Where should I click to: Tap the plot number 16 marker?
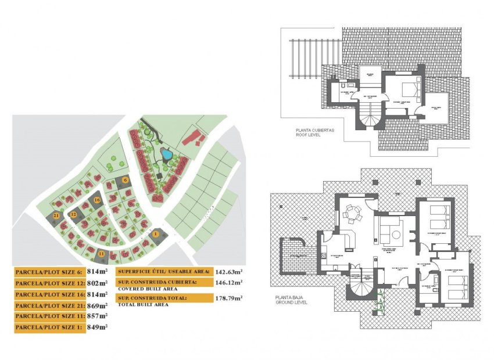pyautogui.click(x=97, y=200)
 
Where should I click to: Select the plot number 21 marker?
pyautogui.click(x=56, y=215)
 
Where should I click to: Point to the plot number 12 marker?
pyautogui.click(x=74, y=214)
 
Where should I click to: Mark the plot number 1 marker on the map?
pyautogui.click(x=155, y=233)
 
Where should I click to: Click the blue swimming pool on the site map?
pyautogui.click(x=166, y=154)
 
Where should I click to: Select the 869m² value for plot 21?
pyautogui.click(x=97, y=305)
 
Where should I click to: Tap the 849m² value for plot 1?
pyautogui.click(x=97, y=327)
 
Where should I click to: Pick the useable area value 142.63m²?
pyautogui.click(x=229, y=271)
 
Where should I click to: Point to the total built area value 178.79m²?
pyautogui.click(x=229, y=298)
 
